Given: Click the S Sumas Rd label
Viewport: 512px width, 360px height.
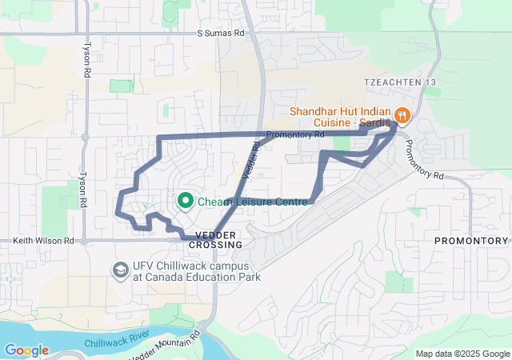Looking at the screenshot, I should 221,34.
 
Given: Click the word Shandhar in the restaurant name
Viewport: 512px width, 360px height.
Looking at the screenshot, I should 318,111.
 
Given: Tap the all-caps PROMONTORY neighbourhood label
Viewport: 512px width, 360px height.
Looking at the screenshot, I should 470,241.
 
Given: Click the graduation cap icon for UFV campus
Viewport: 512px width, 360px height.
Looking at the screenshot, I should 121,271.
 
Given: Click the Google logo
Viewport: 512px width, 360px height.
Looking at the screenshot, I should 26,350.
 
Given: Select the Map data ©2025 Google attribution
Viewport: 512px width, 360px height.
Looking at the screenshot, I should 462,354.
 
